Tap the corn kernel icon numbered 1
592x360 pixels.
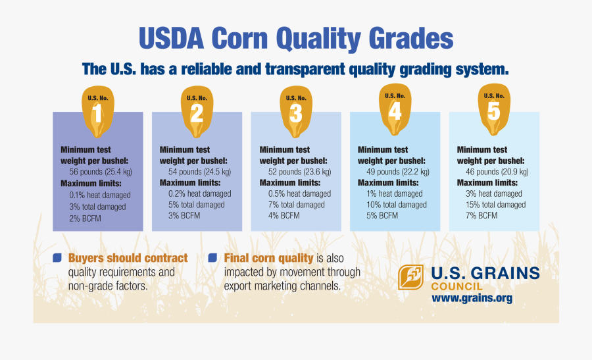pos(97,109)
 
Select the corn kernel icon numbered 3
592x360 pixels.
pos(295,109)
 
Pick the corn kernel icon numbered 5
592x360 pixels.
pos(494,107)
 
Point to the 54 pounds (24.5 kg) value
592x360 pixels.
pos(196,171)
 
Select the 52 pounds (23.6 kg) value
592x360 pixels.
pos(296,171)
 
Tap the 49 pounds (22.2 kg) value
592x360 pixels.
pos(393,171)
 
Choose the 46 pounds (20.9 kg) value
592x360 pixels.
pos(493,171)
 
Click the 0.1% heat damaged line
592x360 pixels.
pos(100,195)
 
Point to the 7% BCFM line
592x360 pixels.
pos(479,215)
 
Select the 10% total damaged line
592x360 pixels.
pos(397,205)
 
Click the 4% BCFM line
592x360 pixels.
pos(284,215)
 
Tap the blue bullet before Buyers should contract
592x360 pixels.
pos(57,258)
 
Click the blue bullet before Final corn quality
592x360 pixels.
pos(212,258)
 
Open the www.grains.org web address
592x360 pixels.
pos(472,298)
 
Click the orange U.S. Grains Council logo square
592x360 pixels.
pos(411,278)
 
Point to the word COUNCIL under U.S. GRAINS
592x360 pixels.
pos(456,286)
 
